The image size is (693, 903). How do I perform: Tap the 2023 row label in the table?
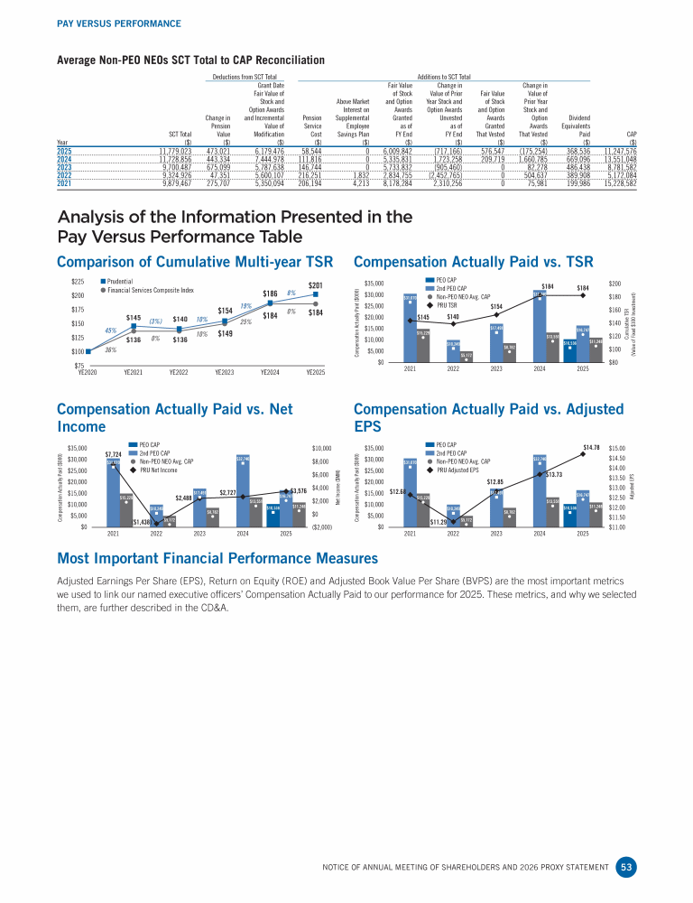pos(64,166)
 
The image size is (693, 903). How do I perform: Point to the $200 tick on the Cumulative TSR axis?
pos(616,284)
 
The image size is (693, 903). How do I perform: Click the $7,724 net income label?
pos(114,453)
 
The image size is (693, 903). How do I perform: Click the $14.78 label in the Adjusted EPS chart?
pos(592,447)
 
